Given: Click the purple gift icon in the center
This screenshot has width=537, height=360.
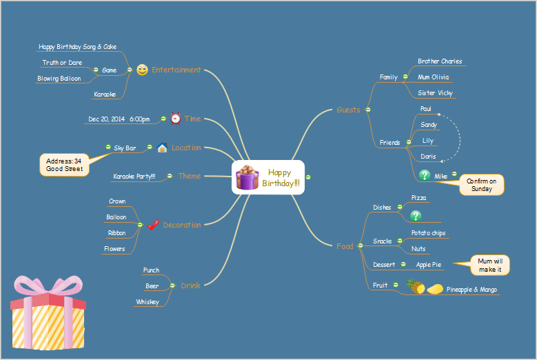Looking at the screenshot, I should tap(247, 177).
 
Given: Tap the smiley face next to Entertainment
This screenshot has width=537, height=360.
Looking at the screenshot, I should tap(142, 70).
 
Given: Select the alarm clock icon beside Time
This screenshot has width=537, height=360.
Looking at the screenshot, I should tap(175, 119).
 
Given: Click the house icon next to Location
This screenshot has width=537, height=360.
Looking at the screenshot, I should tap(162, 148).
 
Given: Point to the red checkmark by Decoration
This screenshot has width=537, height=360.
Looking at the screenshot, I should tap(153, 225).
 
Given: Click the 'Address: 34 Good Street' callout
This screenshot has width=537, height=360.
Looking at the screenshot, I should tap(64, 165).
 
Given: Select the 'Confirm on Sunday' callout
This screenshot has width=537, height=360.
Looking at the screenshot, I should tap(481, 185).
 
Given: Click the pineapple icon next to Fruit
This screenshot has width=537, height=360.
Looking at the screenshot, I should tap(416, 287).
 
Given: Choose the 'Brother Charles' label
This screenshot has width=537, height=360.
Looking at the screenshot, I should tap(440, 61).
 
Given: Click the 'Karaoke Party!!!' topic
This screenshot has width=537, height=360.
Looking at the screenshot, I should tap(134, 177).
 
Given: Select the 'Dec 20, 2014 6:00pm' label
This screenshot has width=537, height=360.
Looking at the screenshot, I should tap(119, 119).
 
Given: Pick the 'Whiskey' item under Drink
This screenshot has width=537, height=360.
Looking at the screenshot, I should tap(147, 302).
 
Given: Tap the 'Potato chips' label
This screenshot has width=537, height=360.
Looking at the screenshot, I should tap(428, 233).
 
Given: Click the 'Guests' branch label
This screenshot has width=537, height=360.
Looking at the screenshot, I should tap(348, 110).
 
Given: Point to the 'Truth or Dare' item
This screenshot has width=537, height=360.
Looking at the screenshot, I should tap(62, 63).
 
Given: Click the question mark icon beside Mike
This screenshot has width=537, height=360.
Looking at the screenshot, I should tap(425, 176).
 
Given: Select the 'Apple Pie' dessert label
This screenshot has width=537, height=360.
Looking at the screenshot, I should tap(428, 264).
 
